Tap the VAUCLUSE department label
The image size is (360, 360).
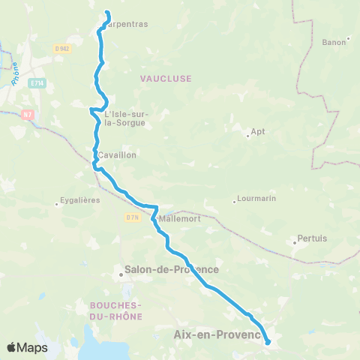coord(166,78)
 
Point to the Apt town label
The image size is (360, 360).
coord(259,132)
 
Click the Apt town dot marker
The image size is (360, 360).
coord(248,136)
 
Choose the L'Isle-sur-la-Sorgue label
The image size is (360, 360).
coord(124,118)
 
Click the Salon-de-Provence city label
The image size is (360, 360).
coord(173,269)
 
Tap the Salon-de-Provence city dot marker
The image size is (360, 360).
coord(121,274)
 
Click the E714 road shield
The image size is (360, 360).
coord(37,83)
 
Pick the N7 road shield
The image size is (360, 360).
coord(28,114)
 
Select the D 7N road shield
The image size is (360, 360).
coord(133,217)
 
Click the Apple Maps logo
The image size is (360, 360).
coord(27,347)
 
